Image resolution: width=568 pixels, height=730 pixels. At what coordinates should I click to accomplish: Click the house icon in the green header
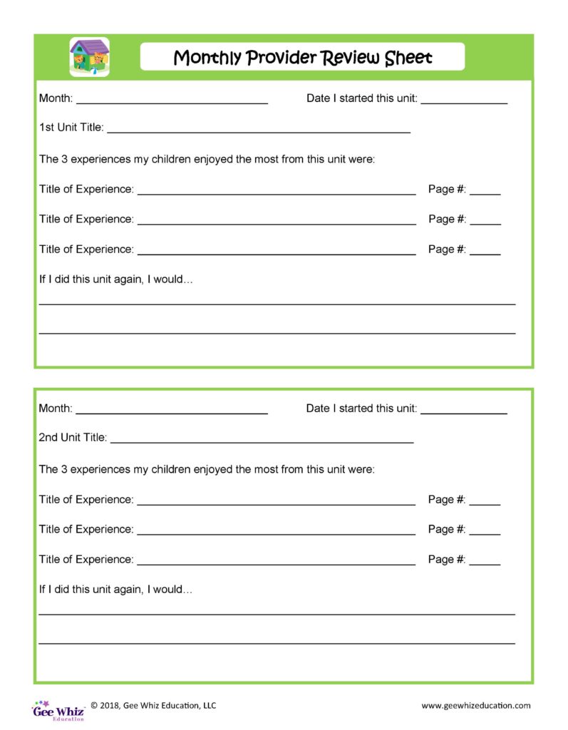coord(90,56)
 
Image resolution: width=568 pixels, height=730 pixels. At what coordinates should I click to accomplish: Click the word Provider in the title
coord(281,57)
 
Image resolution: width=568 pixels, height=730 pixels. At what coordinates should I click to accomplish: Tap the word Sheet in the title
coord(408,57)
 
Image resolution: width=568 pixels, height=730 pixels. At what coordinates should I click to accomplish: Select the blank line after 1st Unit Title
coord(258,130)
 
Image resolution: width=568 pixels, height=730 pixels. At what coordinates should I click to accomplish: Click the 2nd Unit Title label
coord(73,438)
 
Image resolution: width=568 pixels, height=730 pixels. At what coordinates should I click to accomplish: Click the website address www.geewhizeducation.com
coord(475,706)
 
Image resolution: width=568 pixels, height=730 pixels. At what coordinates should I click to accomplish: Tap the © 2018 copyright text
coord(153,706)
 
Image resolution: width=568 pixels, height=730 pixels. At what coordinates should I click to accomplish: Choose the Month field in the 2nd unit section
coord(172,411)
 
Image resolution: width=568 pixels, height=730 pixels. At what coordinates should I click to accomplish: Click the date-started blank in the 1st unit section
coord(464,101)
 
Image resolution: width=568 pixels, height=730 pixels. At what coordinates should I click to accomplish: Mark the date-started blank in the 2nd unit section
coord(464,411)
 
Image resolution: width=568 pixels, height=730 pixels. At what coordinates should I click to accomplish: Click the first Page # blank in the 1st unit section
coord(485,192)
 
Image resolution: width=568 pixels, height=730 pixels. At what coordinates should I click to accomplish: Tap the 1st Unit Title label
coord(71,128)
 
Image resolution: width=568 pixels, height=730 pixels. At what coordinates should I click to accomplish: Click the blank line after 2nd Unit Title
coord(262,441)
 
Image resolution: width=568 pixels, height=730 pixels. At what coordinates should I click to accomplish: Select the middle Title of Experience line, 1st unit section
coord(277,222)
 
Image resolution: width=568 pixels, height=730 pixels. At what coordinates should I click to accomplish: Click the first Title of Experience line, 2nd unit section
coord(277,503)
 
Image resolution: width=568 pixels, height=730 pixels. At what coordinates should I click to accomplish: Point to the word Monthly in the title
coord(207,57)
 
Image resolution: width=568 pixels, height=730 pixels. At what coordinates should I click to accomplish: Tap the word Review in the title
coord(351,57)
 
